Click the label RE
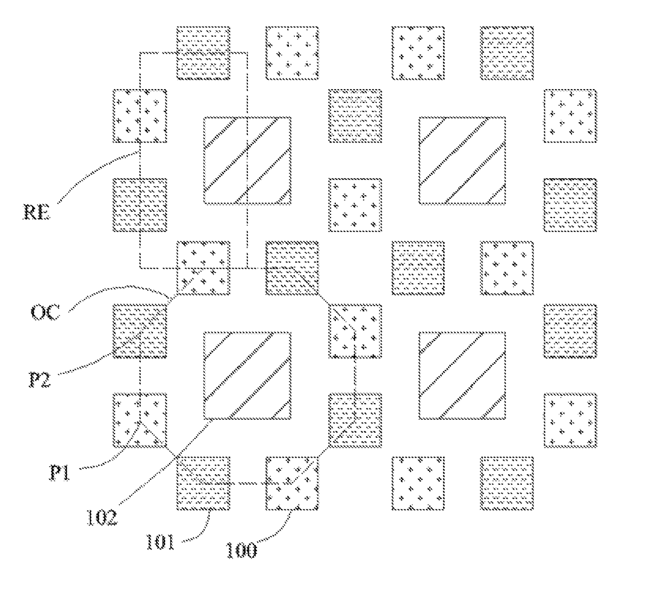[x=37, y=212]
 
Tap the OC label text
[x=45, y=312]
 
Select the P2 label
[x=40, y=379]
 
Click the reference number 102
[x=102, y=517]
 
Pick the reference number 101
[x=160, y=542]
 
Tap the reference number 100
[x=241, y=550]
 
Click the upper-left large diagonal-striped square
[x=247, y=161]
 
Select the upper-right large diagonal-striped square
[x=462, y=161]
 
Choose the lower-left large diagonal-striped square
[x=247, y=375]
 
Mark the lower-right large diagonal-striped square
[x=462, y=375]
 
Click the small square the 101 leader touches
[x=203, y=483]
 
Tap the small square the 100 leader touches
[x=292, y=483]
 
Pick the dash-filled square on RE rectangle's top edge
[x=203, y=53]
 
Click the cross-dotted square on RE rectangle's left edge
[x=140, y=116]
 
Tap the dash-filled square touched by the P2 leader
[x=140, y=331]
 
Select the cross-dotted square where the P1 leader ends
[x=140, y=420]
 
